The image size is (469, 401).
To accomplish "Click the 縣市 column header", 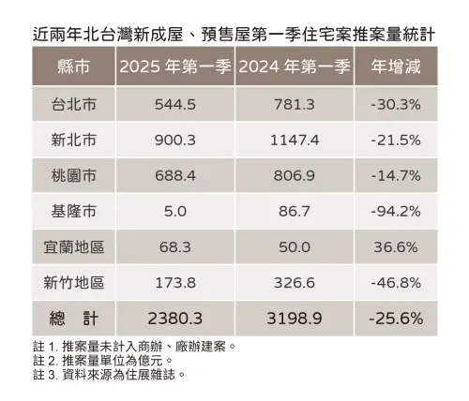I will (x=73, y=67).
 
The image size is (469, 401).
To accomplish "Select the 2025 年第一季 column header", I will (x=174, y=67).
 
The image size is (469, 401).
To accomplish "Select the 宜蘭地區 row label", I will (x=73, y=246).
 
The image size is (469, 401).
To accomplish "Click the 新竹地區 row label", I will (x=73, y=282).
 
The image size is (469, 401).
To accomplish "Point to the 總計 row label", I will (x=73, y=318).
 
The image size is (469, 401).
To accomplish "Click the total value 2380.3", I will (x=174, y=318).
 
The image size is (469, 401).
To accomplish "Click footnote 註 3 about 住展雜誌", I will (x=103, y=375).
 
